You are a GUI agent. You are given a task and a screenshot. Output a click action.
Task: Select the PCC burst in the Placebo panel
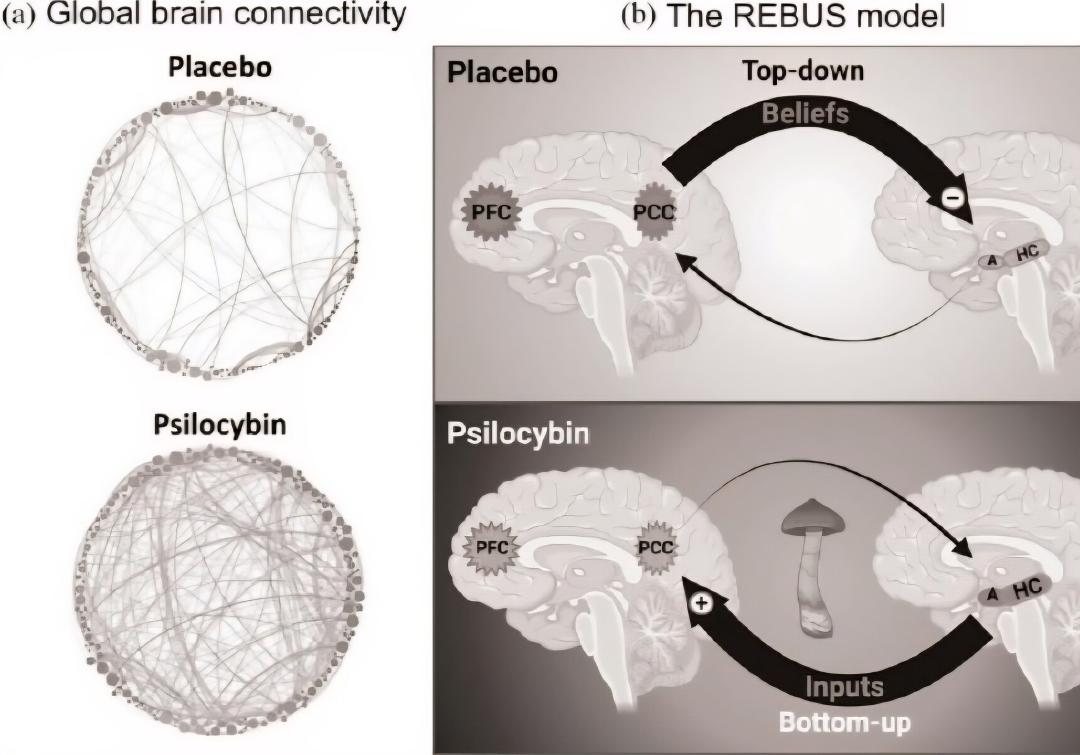[654, 212]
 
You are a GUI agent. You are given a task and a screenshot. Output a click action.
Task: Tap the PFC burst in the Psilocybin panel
[492, 547]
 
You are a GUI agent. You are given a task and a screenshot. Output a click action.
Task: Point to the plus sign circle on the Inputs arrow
[701, 603]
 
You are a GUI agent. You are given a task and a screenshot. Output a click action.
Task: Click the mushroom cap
[815, 515]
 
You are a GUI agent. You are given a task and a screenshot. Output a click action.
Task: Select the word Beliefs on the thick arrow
[805, 114]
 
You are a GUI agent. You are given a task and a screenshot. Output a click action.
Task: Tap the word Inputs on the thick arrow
[844, 687]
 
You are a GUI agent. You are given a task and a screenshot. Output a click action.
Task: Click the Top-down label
[803, 71]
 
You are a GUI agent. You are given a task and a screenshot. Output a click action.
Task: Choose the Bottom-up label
[844, 722]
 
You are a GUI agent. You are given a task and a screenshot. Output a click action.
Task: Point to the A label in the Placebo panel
[992, 260]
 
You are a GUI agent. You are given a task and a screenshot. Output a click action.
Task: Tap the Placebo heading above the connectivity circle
[220, 67]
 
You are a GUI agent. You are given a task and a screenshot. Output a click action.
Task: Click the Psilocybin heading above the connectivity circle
[220, 425]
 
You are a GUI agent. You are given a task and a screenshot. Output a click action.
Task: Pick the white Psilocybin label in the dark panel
[518, 434]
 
